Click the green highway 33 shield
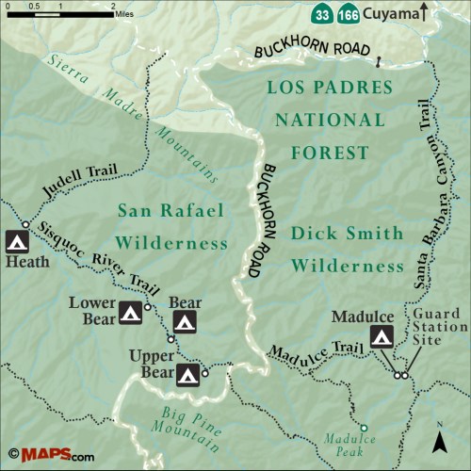tap(323, 14)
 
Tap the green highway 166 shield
tap(348, 14)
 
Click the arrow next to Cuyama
tap(424, 12)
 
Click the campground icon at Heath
tap(16, 241)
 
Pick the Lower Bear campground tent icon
tap(130, 313)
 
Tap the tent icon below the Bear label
tap(185, 323)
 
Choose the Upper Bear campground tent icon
tap(188, 376)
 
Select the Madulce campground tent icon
tap(382, 336)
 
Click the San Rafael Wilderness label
tap(172, 226)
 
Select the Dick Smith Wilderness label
tap(347, 249)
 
